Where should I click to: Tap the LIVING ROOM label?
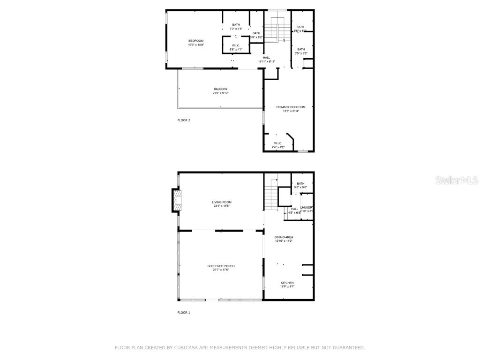click(221, 202)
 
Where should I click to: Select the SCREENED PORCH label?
click(221, 266)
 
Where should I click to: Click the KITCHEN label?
click(287, 283)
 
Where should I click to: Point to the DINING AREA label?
click(284, 237)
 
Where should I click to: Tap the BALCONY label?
click(220, 89)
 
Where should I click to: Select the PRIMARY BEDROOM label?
click(287, 107)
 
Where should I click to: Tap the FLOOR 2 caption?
click(184, 120)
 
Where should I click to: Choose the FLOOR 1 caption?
click(184, 312)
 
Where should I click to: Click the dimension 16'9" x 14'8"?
click(196, 45)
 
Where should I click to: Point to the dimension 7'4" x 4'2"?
click(278, 147)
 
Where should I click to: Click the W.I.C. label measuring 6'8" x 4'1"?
click(235, 45)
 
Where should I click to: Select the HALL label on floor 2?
click(266, 58)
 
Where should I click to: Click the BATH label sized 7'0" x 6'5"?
click(236, 25)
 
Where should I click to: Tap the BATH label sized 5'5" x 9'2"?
click(300, 49)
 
